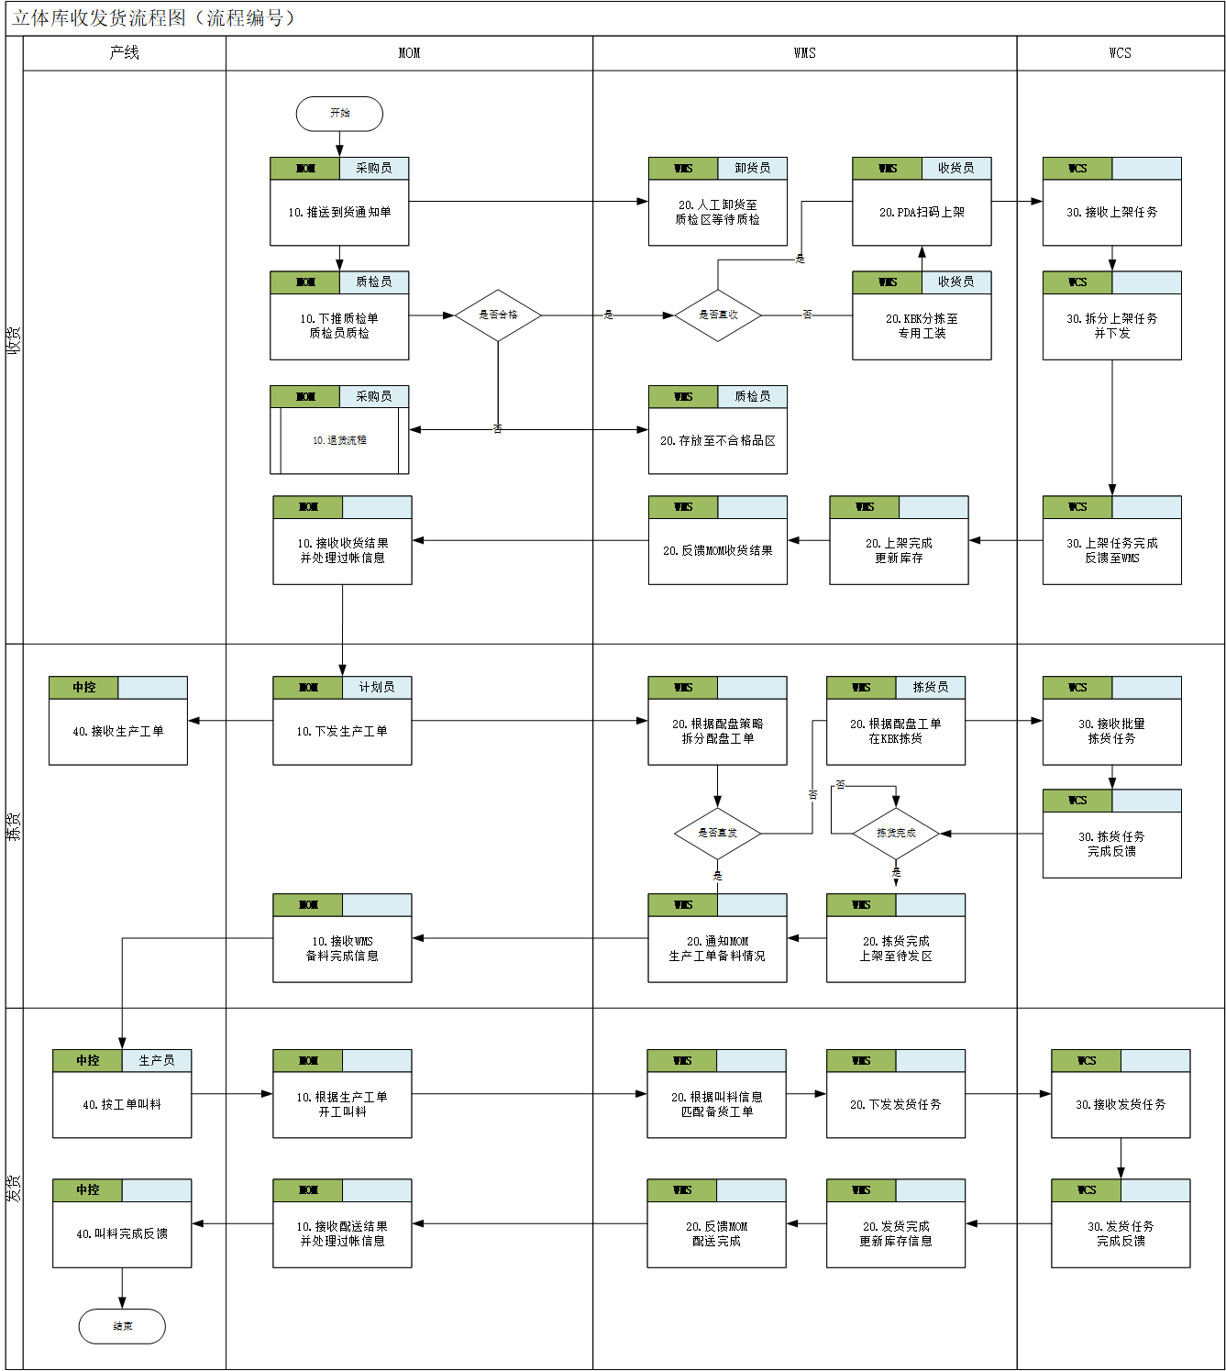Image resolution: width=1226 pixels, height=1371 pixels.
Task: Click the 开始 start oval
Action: coord(339,114)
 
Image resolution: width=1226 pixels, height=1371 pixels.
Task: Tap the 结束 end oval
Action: coord(122,1326)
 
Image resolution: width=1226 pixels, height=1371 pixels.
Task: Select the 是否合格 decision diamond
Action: coord(498,315)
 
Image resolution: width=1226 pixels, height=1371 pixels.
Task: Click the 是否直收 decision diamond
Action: coord(718,315)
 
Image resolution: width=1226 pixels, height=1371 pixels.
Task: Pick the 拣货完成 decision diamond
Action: coord(896,834)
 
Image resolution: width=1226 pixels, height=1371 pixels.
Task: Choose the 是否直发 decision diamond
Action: coord(717,834)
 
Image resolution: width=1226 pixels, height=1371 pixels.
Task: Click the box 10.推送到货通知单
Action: coord(339,212)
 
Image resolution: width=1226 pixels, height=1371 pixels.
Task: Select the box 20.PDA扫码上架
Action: coord(922,212)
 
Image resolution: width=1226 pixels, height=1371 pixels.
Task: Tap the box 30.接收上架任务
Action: coord(1111,212)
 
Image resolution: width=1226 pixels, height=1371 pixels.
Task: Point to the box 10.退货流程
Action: coord(339,440)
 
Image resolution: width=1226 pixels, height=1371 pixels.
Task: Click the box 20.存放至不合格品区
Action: coord(717,440)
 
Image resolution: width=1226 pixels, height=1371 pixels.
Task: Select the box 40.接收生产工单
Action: coord(118,731)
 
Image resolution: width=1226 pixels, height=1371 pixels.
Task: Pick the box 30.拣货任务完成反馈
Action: coord(1111,844)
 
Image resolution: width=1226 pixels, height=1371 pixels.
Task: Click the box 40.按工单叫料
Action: coord(122,1104)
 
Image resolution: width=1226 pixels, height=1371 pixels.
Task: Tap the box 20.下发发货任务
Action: coord(895,1104)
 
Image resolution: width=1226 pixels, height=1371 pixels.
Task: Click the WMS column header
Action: coord(804,53)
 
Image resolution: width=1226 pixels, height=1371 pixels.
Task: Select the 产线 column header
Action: coord(124,53)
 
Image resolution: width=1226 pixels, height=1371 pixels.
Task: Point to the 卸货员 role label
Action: coord(752,169)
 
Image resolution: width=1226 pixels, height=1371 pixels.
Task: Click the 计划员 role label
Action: coord(376,688)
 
